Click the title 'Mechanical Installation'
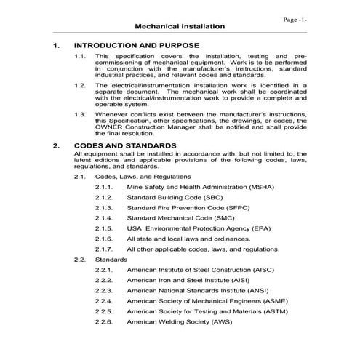[180, 27]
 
